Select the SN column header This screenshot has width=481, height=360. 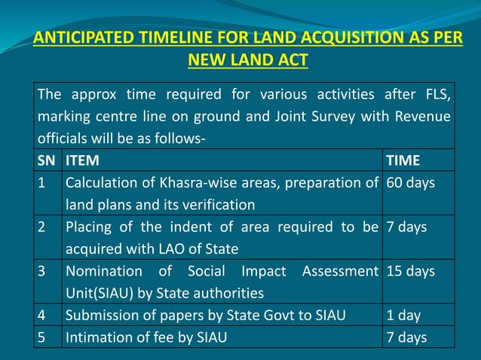point(46,160)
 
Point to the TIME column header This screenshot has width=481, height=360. point(403,160)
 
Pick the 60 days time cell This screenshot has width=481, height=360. point(410,183)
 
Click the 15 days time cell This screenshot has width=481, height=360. point(410,271)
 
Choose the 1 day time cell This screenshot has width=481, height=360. point(403,316)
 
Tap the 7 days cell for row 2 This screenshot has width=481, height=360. point(406,227)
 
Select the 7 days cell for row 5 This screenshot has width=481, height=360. point(406,337)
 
